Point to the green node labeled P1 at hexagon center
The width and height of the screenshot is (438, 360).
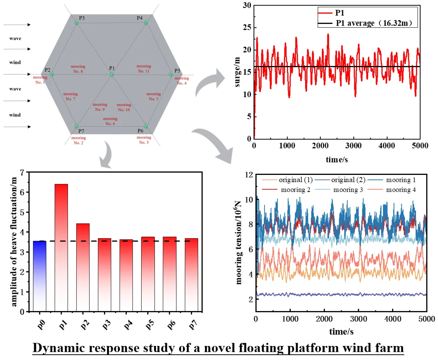112,74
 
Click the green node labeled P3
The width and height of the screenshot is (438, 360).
77,23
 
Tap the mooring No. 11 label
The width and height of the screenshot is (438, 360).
144,69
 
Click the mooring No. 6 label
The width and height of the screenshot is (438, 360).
110,121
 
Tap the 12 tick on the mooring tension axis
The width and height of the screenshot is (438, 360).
249,175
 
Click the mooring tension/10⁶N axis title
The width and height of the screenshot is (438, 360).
239,243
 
